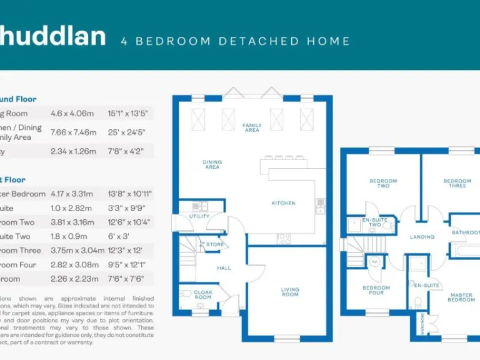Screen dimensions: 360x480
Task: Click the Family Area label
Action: click(x=252, y=127)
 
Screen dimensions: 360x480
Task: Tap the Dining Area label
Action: click(x=212, y=165)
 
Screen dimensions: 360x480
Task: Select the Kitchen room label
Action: click(x=283, y=203)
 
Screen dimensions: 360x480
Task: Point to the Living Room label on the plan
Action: click(x=290, y=292)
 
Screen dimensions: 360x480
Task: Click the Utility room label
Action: click(x=200, y=216)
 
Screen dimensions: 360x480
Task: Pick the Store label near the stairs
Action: click(x=216, y=244)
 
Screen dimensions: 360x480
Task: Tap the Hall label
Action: click(x=224, y=268)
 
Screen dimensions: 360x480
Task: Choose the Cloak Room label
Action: click(x=204, y=295)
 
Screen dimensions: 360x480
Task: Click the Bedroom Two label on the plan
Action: click(x=383, y=183)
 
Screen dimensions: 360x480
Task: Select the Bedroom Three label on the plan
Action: click(x=457, y=184)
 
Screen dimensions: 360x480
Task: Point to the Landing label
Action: click(x=422, y=237)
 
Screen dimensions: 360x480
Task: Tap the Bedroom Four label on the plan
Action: click(x=376, y=290)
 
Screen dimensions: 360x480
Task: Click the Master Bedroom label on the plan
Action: click(x=462, y=297)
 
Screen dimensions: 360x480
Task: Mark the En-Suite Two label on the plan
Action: click(x=375, y=222)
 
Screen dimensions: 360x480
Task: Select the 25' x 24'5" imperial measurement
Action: click(x=127, y=132)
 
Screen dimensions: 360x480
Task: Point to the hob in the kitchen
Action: click(x=284, y=237)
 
